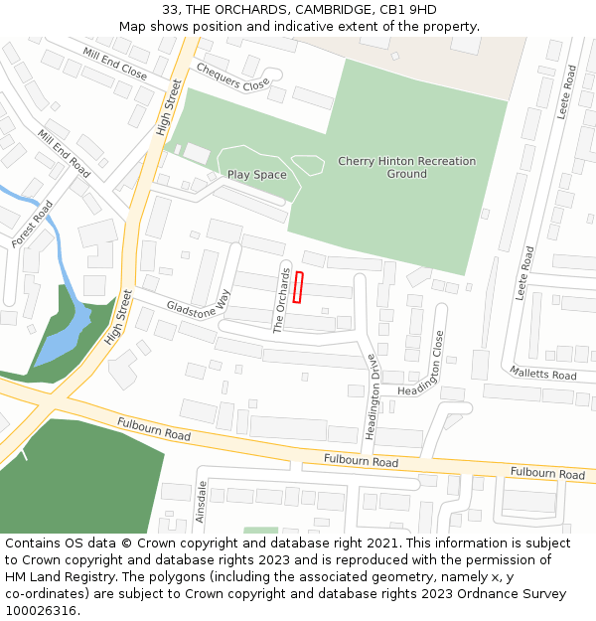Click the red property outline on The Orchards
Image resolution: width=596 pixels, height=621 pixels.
(298, 287)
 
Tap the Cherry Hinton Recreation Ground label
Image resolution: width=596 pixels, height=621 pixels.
(406, 167)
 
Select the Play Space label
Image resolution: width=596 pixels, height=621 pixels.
(256, 175)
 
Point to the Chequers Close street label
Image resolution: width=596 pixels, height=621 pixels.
(233, 78)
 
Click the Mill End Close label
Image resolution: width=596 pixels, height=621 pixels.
(115, 64)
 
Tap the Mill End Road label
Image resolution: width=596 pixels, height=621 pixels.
(65, 154)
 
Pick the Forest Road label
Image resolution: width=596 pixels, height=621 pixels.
(33, 224)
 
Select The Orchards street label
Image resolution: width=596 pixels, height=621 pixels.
(282, 300)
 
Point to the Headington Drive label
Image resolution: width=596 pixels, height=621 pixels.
(372, 396)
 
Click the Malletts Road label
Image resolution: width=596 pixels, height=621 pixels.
(543, 374)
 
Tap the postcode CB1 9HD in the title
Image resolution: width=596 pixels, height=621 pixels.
(409, 10)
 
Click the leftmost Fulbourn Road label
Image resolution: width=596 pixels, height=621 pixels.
(154, 429)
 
